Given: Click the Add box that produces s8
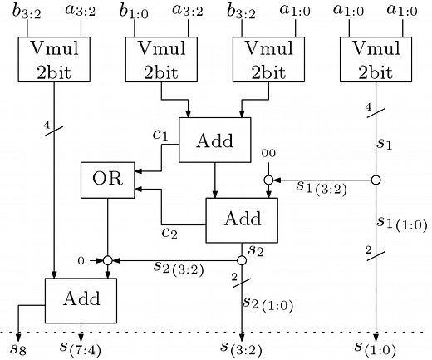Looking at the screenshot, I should coord(81,299).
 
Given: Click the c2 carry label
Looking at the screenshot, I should coord(171,234).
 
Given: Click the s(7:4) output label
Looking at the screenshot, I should coord(81,346).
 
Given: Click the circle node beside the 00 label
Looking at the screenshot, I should coord(269,180).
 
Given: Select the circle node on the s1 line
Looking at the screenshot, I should coord(376,180).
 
